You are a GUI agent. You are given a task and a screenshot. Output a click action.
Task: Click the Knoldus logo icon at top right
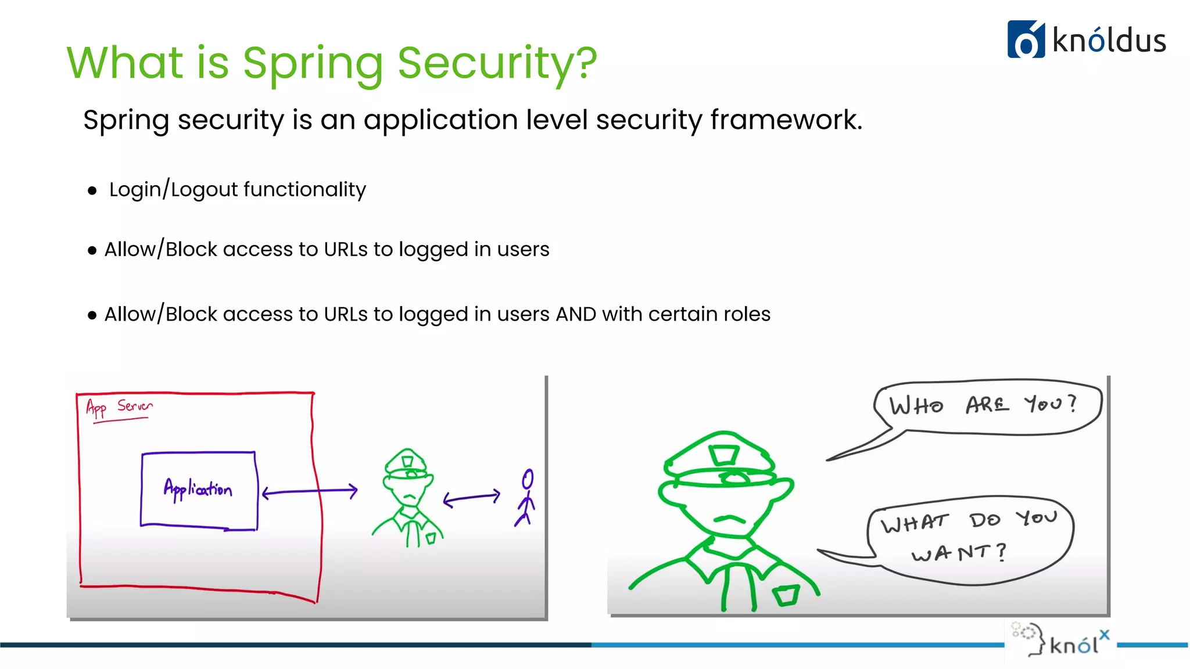[x=1026, y=39]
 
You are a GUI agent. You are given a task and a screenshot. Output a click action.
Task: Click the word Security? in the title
[x=497, y=63]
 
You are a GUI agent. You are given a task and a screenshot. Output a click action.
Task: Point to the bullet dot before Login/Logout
[x=92, y=190]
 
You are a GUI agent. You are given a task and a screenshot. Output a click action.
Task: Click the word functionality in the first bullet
[x=304, y=189]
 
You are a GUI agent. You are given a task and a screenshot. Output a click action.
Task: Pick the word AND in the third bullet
[x=576, y=314]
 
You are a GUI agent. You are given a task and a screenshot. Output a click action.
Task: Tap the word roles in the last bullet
[x=744, y=314]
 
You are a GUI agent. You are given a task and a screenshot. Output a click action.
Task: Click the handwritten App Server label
[x=119, y=407]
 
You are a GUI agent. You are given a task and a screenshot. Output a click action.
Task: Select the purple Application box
[x=199, y=490]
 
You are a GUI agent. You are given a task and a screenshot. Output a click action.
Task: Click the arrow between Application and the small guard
[x=310, y=492]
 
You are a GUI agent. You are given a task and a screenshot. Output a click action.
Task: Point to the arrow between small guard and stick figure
[x=471, y=498]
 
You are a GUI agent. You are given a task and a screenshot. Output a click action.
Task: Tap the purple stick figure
[x=526, y=498]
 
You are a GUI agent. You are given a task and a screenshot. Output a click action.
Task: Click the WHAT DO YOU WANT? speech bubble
[x=970, y=537]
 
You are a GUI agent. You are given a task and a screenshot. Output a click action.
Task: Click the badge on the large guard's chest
[x=786, y=595]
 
